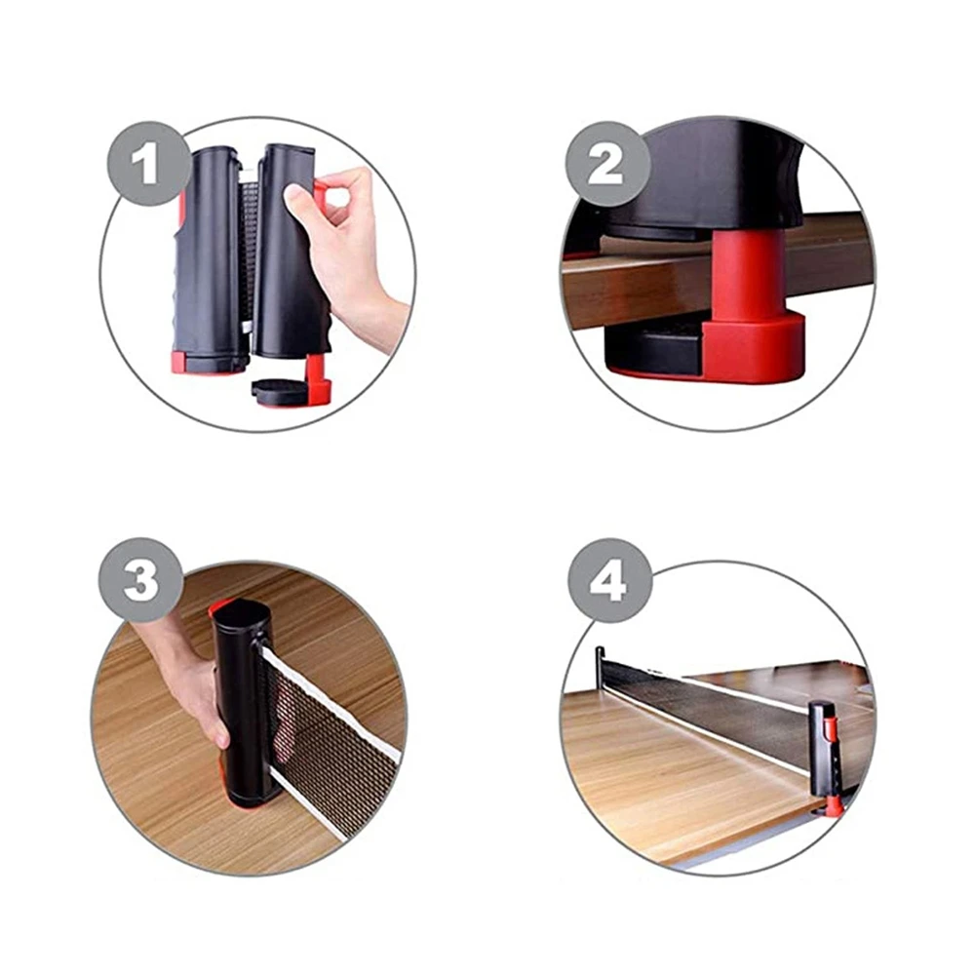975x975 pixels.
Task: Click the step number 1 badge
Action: (145, 163)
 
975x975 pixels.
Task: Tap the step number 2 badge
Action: (605, 164)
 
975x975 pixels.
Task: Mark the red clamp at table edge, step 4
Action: (834, 804)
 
